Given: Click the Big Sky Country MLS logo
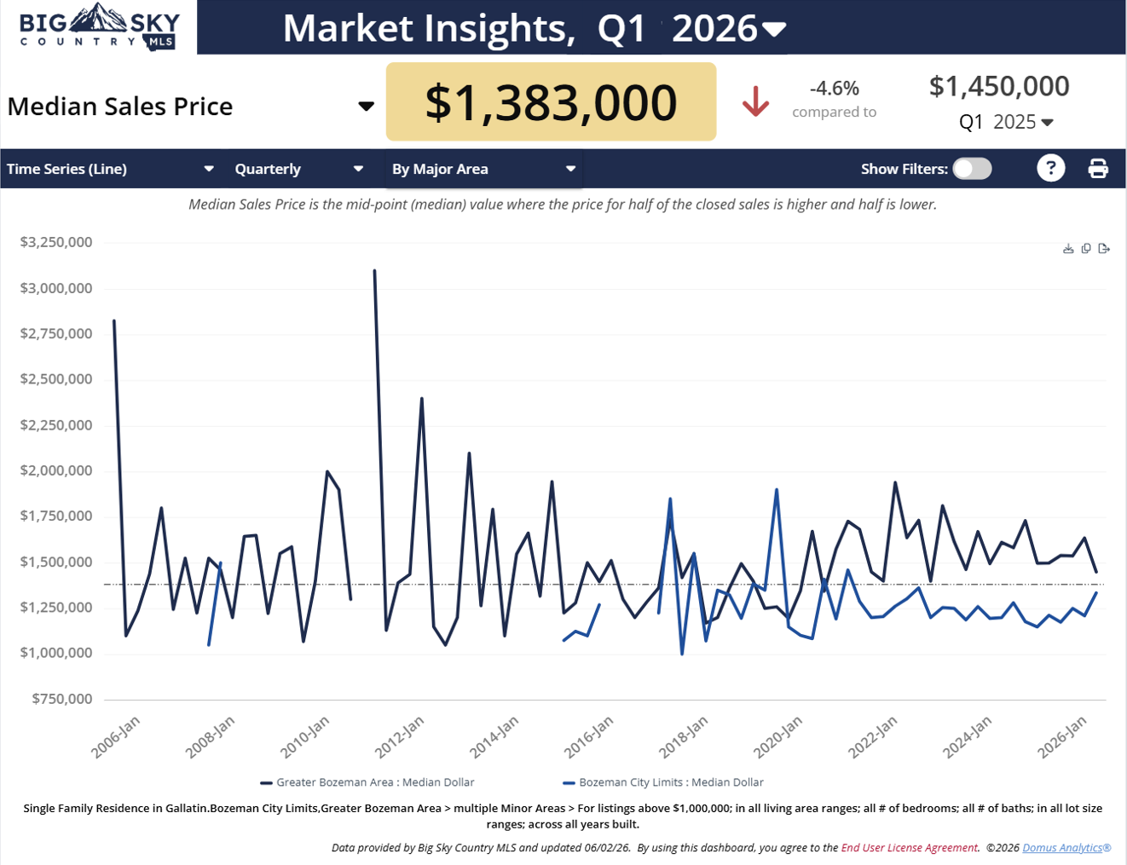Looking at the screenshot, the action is pos(99,26).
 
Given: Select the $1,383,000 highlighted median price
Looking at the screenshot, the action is pos(551,101).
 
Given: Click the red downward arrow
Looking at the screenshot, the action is pos(755,101).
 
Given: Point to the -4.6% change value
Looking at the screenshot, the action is pos(834,88).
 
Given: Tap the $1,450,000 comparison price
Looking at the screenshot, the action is pos(999,86).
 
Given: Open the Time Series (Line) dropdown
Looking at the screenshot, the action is pos(111,169).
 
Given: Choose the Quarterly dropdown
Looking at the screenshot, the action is pos(299,169).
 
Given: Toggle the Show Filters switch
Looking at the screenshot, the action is pos(972,169).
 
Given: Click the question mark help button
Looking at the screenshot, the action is pos(1051,169).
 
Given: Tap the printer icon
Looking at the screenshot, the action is pos(1098,169).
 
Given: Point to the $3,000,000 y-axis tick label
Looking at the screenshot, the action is pos(56,288).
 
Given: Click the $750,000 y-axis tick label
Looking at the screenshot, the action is pos(62,699).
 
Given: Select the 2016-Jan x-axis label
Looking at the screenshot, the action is pos(589,737).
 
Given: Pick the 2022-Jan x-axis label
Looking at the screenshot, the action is pos(873,737).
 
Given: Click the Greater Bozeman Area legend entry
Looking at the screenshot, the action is pos(367,782).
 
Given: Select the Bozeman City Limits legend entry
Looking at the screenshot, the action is pos(663,782).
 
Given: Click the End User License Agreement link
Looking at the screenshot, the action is pos(909,847).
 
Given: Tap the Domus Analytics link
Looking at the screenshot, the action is pos(1066,847).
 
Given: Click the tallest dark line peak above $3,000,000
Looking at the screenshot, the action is pos(374,270).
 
